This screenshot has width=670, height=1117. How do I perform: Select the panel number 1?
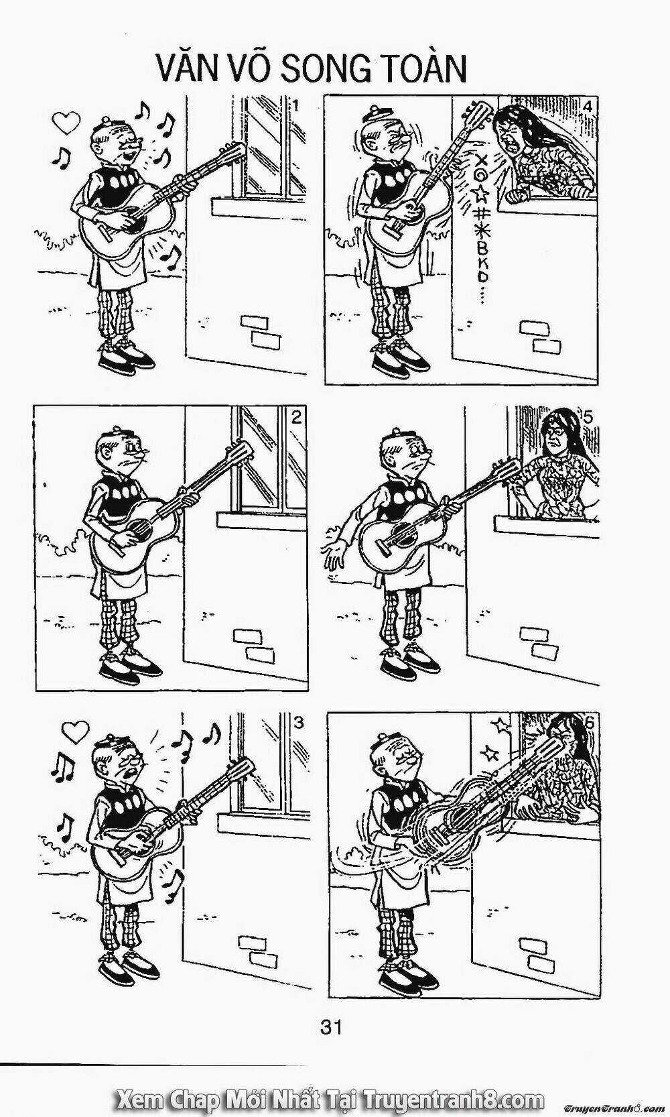tap(296, 106)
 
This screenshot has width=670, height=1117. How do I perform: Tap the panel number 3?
tap(298, 722)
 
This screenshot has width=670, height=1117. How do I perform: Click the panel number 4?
tap(588, 106)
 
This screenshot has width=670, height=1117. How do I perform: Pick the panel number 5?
tap(588, 417)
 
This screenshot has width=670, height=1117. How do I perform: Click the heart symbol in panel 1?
tap(67, 121)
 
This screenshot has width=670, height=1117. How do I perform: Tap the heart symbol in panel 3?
tap(75, 731)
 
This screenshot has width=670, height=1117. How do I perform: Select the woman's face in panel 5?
tap(554, 438)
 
